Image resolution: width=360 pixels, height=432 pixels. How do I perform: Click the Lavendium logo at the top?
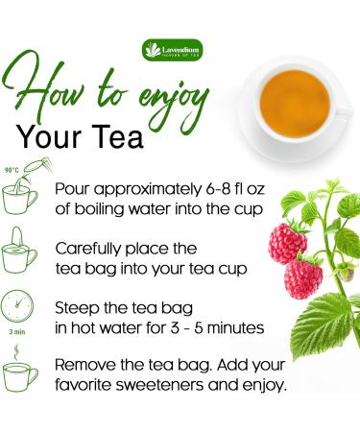180,48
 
